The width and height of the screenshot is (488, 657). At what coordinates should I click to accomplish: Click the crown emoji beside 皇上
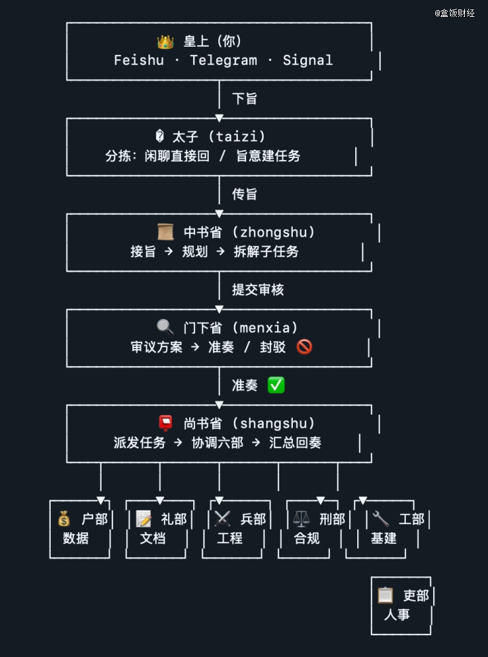pyautogui.click(x=165, y=42)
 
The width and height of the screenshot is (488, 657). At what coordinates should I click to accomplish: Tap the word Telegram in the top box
pyautogui.click(x=224, y=60)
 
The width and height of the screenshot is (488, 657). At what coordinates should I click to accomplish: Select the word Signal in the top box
pyautogui.click(x=308, y=60)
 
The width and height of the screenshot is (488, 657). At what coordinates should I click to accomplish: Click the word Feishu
pyautogui.click(x=139, y=60)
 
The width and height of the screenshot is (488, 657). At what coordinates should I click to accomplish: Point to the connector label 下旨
pyautogui.click(x=245, y=99)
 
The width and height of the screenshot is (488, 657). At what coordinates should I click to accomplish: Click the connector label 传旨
pyautogui.click(x=245, y=195)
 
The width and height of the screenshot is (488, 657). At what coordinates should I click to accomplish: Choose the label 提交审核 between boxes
pyautogui.click(x=258, y=290)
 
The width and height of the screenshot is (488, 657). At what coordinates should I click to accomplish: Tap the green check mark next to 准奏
pyautogui.click(x=276, y=385)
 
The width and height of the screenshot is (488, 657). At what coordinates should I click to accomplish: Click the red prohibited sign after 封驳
pyautogui.click(x=304, y=347)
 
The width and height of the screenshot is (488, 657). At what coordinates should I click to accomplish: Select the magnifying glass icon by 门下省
pyautogui.click(x=165, y=328)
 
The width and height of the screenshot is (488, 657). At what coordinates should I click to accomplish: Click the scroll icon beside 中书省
pyautogui.click(x=165, y=233)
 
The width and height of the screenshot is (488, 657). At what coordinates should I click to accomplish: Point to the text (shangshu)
pyautogui.click(x=274, y=424)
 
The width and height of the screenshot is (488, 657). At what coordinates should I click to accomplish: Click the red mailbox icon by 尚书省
pyautogui.click(x=165, y=424)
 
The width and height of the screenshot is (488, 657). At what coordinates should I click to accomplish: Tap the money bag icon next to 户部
pyautogui.click(x=64, y=519)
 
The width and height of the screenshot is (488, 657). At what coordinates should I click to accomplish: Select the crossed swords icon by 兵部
pyautogui.click(x=222, y=519)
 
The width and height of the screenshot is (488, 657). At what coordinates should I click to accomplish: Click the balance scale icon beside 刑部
pyautogui.click(x=302, y=519)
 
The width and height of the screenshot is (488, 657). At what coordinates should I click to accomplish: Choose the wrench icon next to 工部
pyautogui.click(x=381, y=519)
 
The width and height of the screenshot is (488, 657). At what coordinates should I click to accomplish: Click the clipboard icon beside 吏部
pyautogui.click(x=386, y=595)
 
